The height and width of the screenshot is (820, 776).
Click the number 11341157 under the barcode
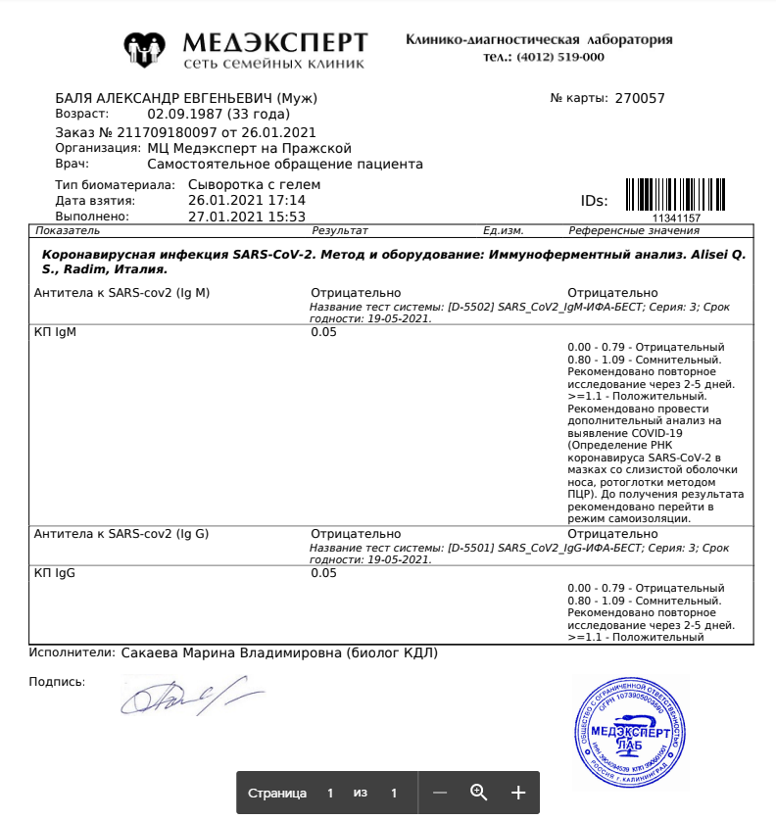point(677,218)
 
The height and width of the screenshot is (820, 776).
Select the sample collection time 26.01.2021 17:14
point(247,200)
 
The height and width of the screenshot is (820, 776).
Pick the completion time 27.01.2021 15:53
point(247,217)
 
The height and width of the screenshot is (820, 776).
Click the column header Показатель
point(68,230)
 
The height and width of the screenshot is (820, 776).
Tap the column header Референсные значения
point(634,230)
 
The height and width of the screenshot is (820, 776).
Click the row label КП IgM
point(55,332)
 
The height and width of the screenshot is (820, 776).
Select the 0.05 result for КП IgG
point(323,573)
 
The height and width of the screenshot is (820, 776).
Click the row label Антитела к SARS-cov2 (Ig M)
point(122,292)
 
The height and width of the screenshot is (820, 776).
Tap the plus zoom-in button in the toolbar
point(518,793)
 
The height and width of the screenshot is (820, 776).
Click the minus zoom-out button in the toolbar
point(440,793)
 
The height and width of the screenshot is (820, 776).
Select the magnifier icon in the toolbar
point(479,793)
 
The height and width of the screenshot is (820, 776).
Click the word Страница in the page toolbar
point(277,793)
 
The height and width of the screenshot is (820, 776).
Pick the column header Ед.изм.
point(504,230)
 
